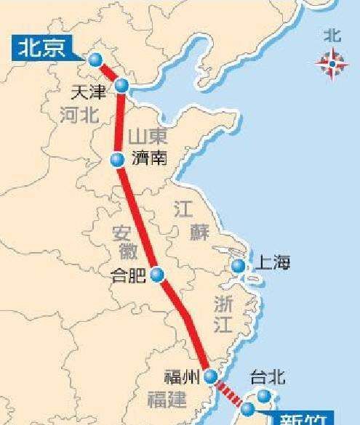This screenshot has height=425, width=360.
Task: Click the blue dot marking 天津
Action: pyautogui.click(x=122, y=86)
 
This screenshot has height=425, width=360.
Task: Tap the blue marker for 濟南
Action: pyautogui.click(x=117, y=160)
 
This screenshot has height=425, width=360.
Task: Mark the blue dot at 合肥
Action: pyautogui.click(x=158, y=275)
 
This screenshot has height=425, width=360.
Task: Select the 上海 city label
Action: pyautogui.click(x=271, y=264)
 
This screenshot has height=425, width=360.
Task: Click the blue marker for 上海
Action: pyautogui.click(x=238, y=266)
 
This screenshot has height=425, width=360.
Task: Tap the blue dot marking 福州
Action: pyautogui.click(x=210, y=376)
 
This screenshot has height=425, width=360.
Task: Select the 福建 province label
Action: pyautogui.click(x=167, y=399)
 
